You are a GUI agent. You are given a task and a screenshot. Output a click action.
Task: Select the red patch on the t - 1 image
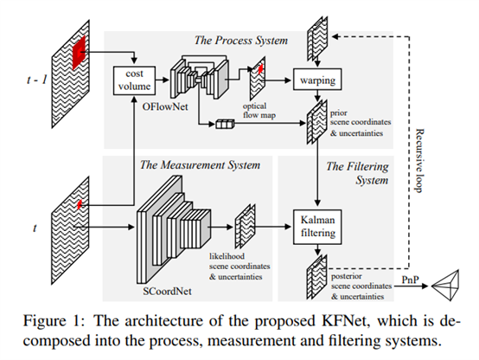pos(80,51)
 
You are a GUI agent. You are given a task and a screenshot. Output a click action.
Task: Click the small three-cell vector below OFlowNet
pos(226,125)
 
